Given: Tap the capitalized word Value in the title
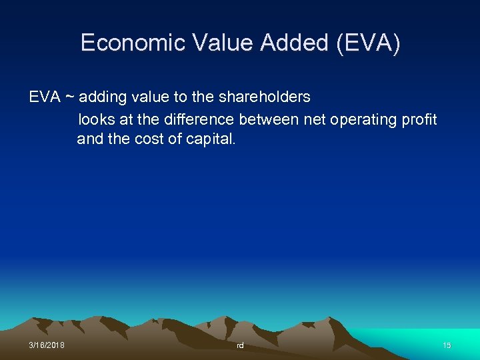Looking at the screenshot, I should click(223, 43).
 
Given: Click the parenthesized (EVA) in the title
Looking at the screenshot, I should click(369, 43).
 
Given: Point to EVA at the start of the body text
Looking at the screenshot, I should click(44, 97).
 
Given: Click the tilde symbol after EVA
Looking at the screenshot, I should click(69, 97).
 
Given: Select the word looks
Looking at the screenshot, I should click(96, 120).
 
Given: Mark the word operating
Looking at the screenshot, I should click(364, 120).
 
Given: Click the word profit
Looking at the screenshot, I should click(420, 120).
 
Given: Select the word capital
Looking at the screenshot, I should click(212, 141).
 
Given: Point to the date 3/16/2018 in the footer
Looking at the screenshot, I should click(47, 345).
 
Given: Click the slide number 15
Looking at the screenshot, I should click(447, 345).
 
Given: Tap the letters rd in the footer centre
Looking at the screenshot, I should click(240, 345).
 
